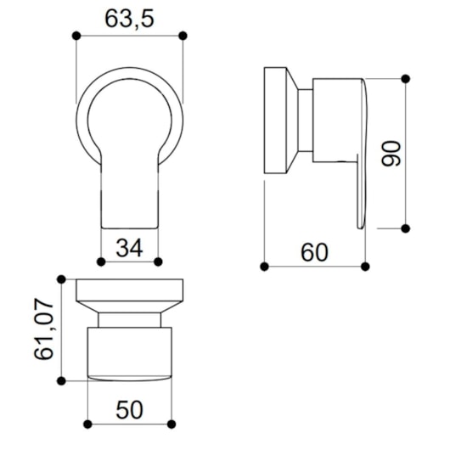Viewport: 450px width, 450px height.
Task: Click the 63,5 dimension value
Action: pos(129,20)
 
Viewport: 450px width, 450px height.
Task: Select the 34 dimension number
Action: pos(129,248)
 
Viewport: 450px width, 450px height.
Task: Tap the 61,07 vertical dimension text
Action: pos(44,329)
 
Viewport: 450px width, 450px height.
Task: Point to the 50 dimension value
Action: pos(129,410)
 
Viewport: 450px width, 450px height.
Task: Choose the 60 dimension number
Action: pos(314,252)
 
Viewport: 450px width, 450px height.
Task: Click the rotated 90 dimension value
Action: pos(391,154)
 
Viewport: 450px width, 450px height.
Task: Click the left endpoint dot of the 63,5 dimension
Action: pos(76,36)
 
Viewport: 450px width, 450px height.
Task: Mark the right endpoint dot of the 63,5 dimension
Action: pos(183,36)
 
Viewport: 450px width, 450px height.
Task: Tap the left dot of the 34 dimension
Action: pos(101,262)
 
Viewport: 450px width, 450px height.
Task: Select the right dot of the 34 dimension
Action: pos(158,262)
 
